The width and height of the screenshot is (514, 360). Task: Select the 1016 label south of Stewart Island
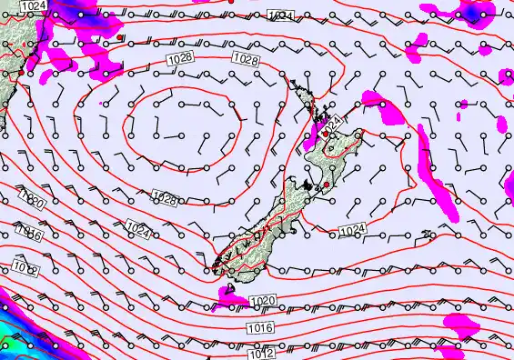pos(258,328)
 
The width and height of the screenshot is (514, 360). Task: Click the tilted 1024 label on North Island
pos(334,122)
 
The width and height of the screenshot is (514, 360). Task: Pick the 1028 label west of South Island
pos(165,198)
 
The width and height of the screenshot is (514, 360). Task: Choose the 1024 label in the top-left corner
pos(34,5)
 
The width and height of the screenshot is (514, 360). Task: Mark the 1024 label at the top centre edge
pos(281,16)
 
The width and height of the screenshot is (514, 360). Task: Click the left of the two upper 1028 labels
pos(178,59)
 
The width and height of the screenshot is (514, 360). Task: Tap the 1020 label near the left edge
pos(33,203)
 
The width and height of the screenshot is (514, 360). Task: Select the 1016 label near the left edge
pos(29,235)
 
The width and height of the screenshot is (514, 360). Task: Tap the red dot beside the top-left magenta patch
pos(121,38)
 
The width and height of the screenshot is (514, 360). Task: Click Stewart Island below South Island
pos(230,291)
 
